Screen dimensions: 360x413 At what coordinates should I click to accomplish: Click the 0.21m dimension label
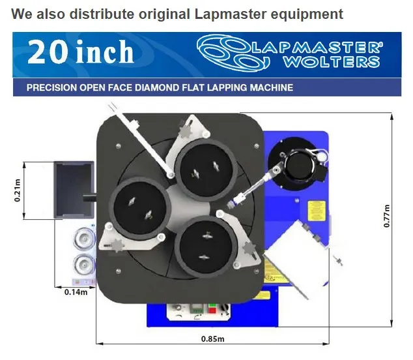coord(18,190)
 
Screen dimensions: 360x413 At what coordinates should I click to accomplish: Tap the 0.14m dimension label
coord(76,292)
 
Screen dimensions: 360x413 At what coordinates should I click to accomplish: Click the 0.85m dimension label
coord(211,339)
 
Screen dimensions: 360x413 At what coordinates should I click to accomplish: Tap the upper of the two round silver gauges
coord(83,239)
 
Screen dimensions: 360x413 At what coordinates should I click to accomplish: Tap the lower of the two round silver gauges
coord(83,263)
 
